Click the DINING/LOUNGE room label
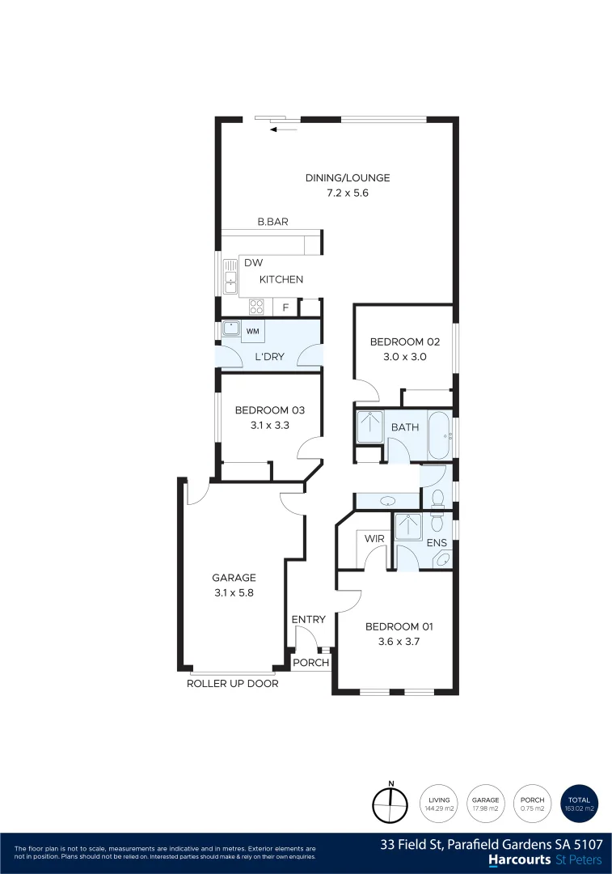(347, 178)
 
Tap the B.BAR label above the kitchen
(272, 222)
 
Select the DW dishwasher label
(252, 263)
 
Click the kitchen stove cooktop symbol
(256, 307)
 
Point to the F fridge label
(285, 308)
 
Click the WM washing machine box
(252, 331)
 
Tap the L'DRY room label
(268, 357)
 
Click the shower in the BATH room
(370, 426)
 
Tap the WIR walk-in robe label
(374, 538)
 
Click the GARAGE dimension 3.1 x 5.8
(234, 592)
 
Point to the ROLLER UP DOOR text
(232, 684)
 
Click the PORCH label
(311, 663)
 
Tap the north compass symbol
(391, 804)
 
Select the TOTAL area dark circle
(580, 804)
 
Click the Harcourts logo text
(518, 859)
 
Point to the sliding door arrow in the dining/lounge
(284, 129)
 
